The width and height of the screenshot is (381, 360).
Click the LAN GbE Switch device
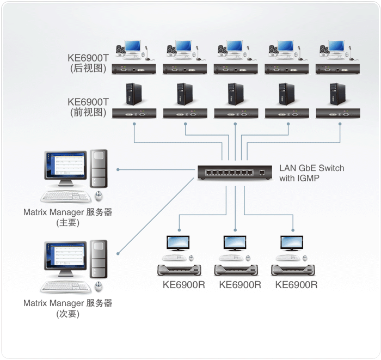(235, 173)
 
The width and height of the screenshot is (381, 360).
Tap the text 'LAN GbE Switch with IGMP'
(311, 173)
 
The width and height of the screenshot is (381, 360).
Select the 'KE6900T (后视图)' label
(88, 63)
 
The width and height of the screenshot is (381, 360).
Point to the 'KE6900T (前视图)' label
(88, 107)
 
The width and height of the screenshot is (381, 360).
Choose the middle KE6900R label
(240, 284)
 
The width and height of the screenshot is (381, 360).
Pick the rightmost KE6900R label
(296, 284)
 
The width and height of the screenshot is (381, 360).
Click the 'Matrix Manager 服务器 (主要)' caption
(67, 217)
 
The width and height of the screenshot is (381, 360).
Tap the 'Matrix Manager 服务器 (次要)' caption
(67, 308)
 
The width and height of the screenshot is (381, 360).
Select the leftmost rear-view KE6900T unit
(134, 69)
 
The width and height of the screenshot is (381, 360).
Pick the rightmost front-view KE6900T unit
(337, 113)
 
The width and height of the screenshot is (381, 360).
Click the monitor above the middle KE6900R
(235, 243)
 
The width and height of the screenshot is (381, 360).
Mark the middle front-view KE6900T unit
(236, 113)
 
